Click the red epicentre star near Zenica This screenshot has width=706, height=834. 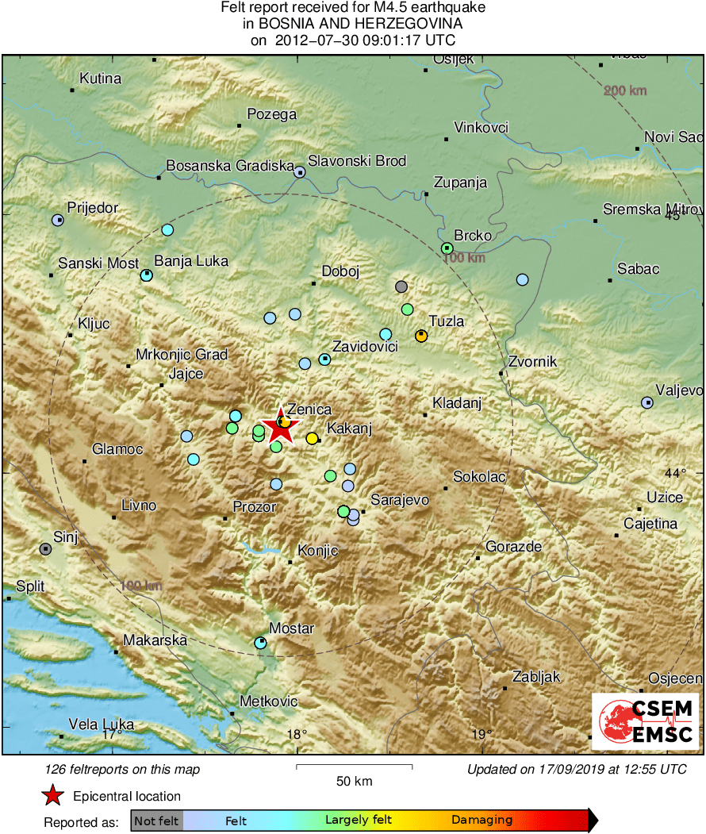[280, 428]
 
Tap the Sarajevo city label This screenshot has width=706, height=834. [400, 500]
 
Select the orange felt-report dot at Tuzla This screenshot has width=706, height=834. [421, 336]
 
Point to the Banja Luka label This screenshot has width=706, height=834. [190, 260]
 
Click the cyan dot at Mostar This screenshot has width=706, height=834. [261, 643]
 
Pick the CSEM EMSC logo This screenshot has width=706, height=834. [646, 721]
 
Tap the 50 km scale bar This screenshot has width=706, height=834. [354, 767]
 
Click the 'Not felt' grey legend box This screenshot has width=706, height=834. [156, 821]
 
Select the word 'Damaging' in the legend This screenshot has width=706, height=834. [482, 821]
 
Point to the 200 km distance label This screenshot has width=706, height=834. [625, 90]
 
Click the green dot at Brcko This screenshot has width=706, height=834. [447, 248]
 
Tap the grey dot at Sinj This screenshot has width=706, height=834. [46, 548]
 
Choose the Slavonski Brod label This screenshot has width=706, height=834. [357, 161]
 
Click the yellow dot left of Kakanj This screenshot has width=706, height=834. [312, 438]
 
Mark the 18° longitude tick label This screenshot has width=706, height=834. [297, 734]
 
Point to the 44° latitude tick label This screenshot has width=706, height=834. [675, 473]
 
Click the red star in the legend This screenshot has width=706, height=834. [52, 795]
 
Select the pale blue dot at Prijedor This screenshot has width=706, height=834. [58, 220]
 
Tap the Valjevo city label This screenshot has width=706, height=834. [680, 390]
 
